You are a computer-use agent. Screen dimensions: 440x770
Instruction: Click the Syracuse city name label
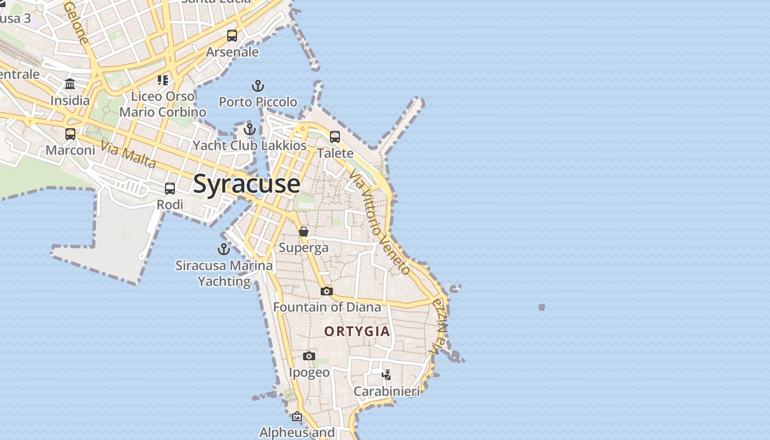coord(246,183)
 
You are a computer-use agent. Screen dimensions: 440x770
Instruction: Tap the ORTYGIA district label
coord(357,331)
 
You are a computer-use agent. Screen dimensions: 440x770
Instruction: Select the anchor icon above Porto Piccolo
coord(258,86)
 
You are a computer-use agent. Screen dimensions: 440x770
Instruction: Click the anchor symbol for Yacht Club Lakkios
coord(250,130)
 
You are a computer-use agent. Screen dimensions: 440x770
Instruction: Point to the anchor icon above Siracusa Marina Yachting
coord(224,249)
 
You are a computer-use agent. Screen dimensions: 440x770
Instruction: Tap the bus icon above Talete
coord(335,136)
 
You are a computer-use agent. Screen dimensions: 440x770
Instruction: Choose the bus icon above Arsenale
coord(232,36)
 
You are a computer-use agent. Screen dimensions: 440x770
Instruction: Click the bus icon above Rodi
coord(170,189)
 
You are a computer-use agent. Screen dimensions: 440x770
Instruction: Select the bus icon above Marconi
coord(70,134)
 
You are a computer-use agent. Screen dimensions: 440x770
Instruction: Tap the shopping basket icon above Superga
coord(304,232)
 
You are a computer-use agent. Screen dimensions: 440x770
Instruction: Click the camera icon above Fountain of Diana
coord(327,291)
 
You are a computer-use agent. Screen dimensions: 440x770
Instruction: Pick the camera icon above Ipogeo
coord(309,356)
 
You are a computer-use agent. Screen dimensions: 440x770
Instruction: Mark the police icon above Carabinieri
coord(387,375)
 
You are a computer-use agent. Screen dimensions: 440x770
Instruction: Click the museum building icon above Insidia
coord(70,84)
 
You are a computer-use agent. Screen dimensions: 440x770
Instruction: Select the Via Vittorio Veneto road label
coord(380,222)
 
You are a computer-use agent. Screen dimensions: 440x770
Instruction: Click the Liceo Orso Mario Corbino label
coord(163,104)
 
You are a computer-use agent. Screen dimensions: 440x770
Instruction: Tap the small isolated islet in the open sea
coord(542,307)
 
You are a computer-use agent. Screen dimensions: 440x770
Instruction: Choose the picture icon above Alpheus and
coord(297,416)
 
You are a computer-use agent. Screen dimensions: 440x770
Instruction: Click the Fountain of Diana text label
coord(327,307)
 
